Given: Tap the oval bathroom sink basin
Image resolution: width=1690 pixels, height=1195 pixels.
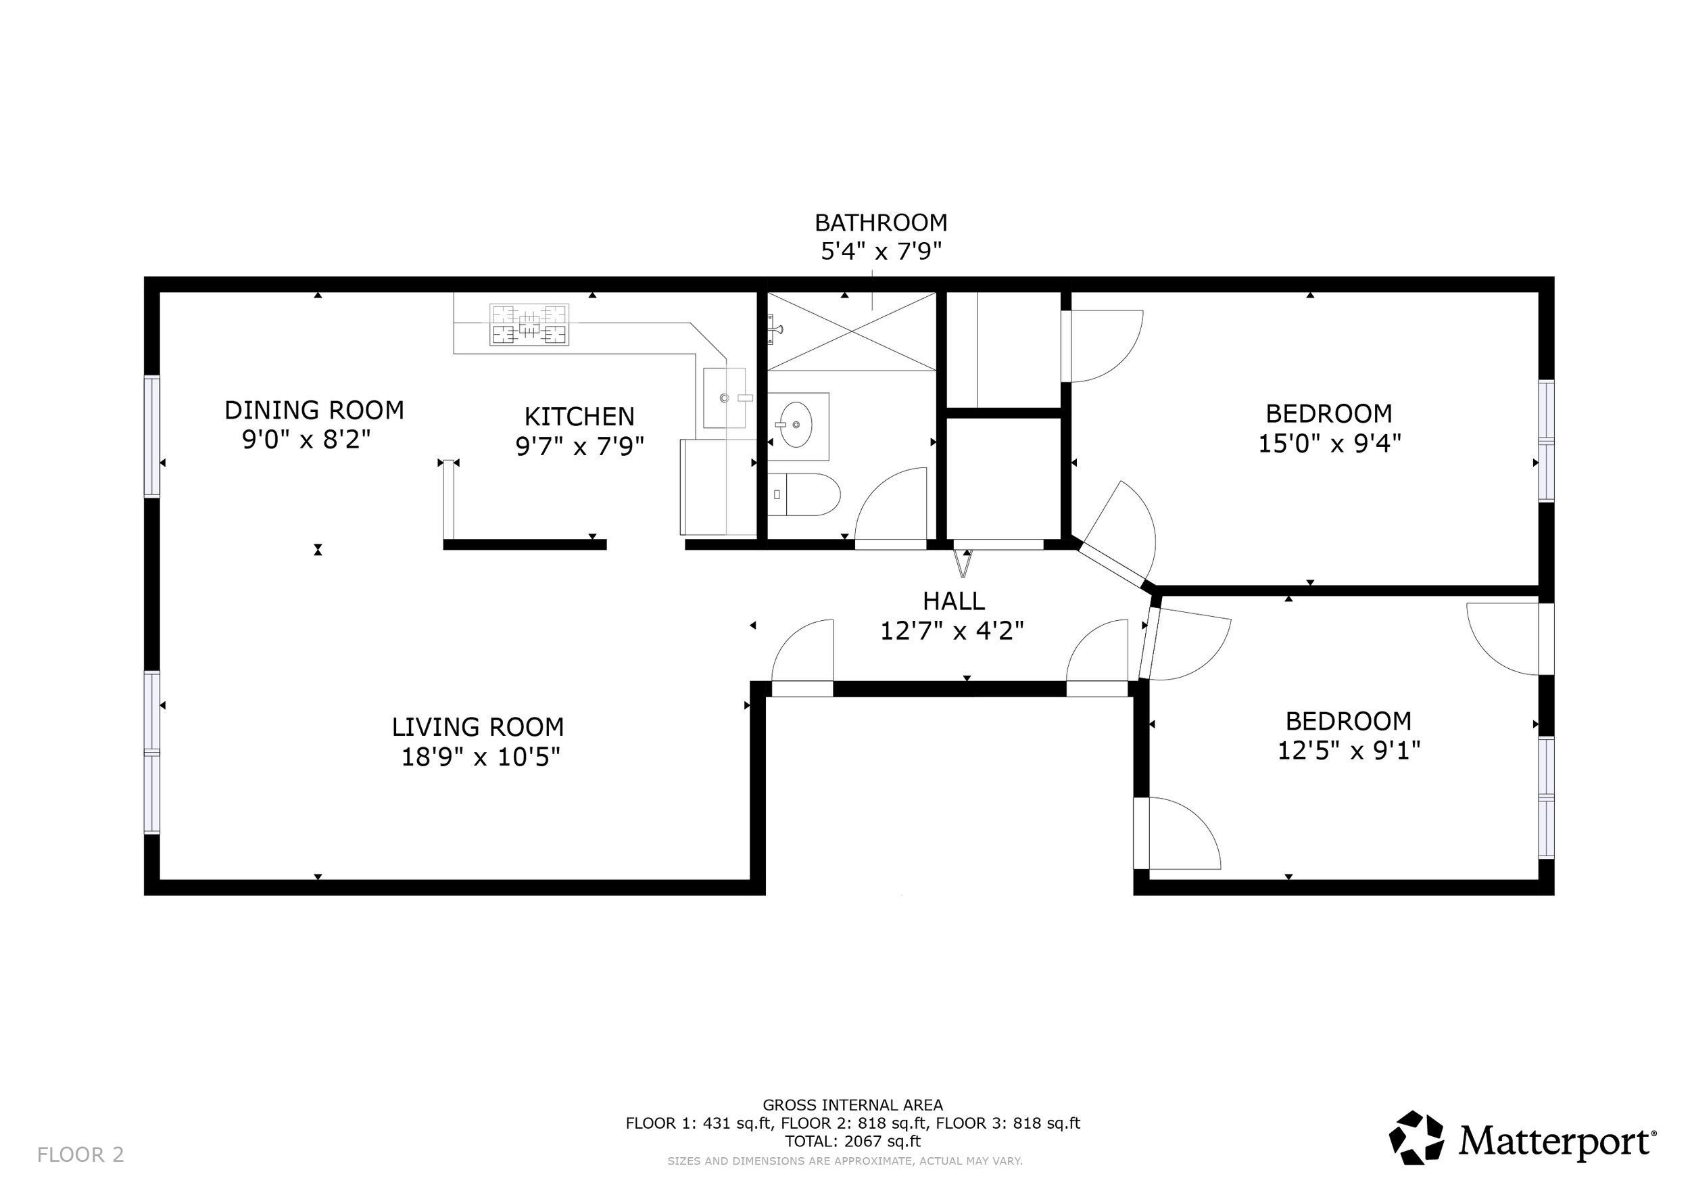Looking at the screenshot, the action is click(796, 425).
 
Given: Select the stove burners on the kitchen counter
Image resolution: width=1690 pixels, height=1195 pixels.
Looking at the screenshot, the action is click(529, 325).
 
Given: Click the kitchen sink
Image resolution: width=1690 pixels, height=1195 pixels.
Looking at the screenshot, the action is click(724, 398).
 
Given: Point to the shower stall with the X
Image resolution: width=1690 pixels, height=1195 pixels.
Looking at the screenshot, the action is click(852, 331).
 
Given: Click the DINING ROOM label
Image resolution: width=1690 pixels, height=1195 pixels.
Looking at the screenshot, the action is click(314, 410).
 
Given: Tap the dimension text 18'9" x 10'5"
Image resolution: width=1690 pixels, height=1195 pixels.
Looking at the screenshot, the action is click(481, 757).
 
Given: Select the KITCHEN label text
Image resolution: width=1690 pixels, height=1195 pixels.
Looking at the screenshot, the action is click(579, 417).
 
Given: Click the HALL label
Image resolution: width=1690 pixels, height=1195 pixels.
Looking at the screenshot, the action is click(954, 601).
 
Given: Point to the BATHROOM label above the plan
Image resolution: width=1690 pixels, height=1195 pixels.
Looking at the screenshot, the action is click(881, 222).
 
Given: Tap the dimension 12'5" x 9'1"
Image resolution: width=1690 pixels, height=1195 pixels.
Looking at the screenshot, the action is click(1349, 751).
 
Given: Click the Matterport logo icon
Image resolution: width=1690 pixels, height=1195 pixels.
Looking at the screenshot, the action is click(1417, 1138).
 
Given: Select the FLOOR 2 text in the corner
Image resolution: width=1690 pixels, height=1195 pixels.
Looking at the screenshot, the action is click(81, 1154).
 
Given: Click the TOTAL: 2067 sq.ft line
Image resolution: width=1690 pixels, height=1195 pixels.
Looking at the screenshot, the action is click(852, 1142).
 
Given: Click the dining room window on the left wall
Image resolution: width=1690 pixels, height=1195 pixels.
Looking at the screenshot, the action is click(151, 436).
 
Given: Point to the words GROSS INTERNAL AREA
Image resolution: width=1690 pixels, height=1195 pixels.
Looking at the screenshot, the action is click(852, 1104).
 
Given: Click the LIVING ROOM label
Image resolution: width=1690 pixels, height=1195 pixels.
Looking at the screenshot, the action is click(478, 728).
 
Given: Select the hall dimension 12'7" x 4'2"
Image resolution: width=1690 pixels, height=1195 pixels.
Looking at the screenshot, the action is click(952, 631).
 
